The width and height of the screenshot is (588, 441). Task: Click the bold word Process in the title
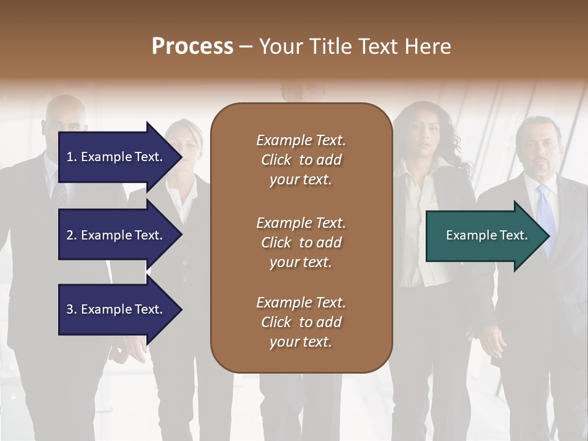coord(192,47)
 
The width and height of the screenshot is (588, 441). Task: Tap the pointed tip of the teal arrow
coord(548,235)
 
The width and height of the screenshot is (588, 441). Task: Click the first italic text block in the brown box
coord(301,160)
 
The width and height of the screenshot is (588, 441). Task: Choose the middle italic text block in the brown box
coord(301,242)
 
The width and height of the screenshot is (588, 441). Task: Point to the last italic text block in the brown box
coord(301,322)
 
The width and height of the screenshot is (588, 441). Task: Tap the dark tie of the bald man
coord(60,193)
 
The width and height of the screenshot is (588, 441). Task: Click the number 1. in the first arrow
coord(71,157)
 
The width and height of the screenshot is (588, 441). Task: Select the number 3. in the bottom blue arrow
coord(71,309)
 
